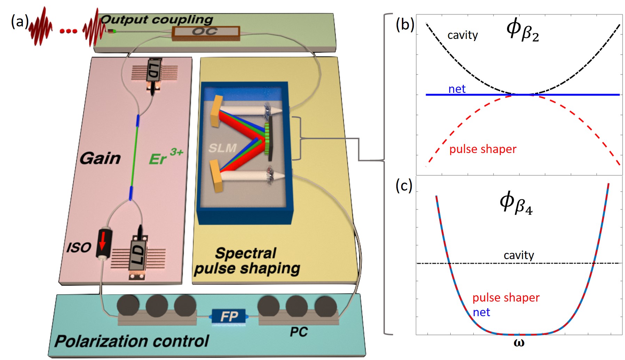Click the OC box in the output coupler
pos(205,32)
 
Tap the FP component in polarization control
pos(229,317)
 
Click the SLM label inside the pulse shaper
pos(222,148)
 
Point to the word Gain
pos(100,159)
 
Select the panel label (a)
pos(19,22)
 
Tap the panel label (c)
pos(404,186)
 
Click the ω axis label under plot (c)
pos(519,343)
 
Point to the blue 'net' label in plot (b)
pos(457,89)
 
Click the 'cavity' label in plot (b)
pos(462,35)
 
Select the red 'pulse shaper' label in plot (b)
pos(483,149)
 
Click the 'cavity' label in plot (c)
pos(519,255)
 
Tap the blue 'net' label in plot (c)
pos(481,312)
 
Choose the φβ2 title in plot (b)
pos(522,30)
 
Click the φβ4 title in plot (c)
pos(516,203)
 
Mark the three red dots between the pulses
pos(68,31)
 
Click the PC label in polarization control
pos(298,332)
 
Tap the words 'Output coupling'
pos(157,19)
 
